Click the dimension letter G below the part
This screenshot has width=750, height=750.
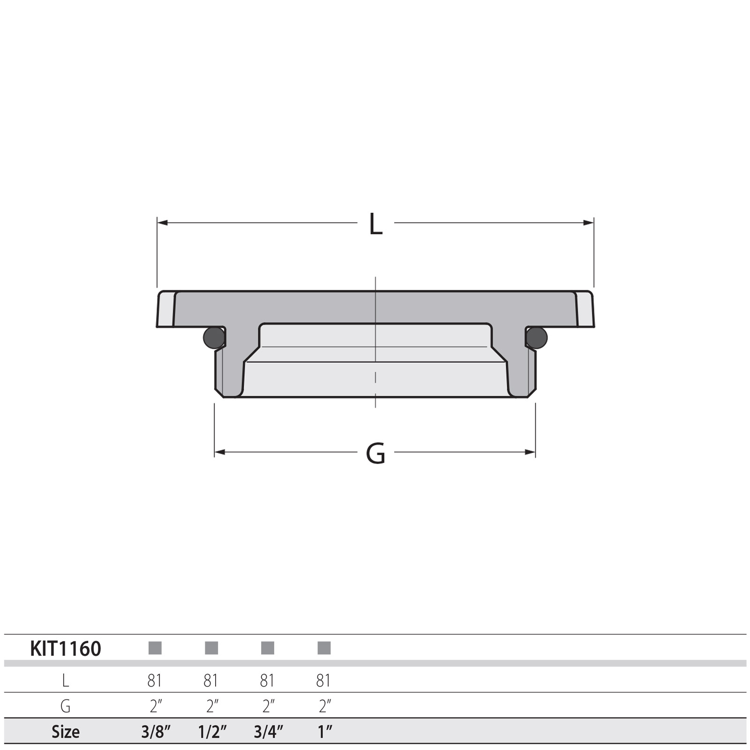click(375, 453)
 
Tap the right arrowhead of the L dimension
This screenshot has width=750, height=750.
click(589, 222)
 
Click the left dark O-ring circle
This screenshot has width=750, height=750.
click(214, 337)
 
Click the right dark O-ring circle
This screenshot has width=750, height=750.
click(537, 337)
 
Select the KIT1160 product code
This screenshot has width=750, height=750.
click(66, 649)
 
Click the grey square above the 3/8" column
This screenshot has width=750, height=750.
click(155, 648)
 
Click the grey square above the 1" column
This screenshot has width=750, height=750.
click(324, 648)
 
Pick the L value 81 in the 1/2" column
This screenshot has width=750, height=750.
click(211, 680)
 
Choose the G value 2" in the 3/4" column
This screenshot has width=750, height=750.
click(268, 706)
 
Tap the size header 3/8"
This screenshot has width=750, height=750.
click(156, 732)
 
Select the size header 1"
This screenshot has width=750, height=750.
click(324, 732)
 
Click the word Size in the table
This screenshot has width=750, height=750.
click(66, 732)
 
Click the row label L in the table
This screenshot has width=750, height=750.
click(66, 680)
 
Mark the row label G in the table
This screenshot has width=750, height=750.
click(66, 706)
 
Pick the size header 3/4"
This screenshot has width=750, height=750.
click(268, 732)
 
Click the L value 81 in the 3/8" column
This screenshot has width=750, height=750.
click(155, 680)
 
